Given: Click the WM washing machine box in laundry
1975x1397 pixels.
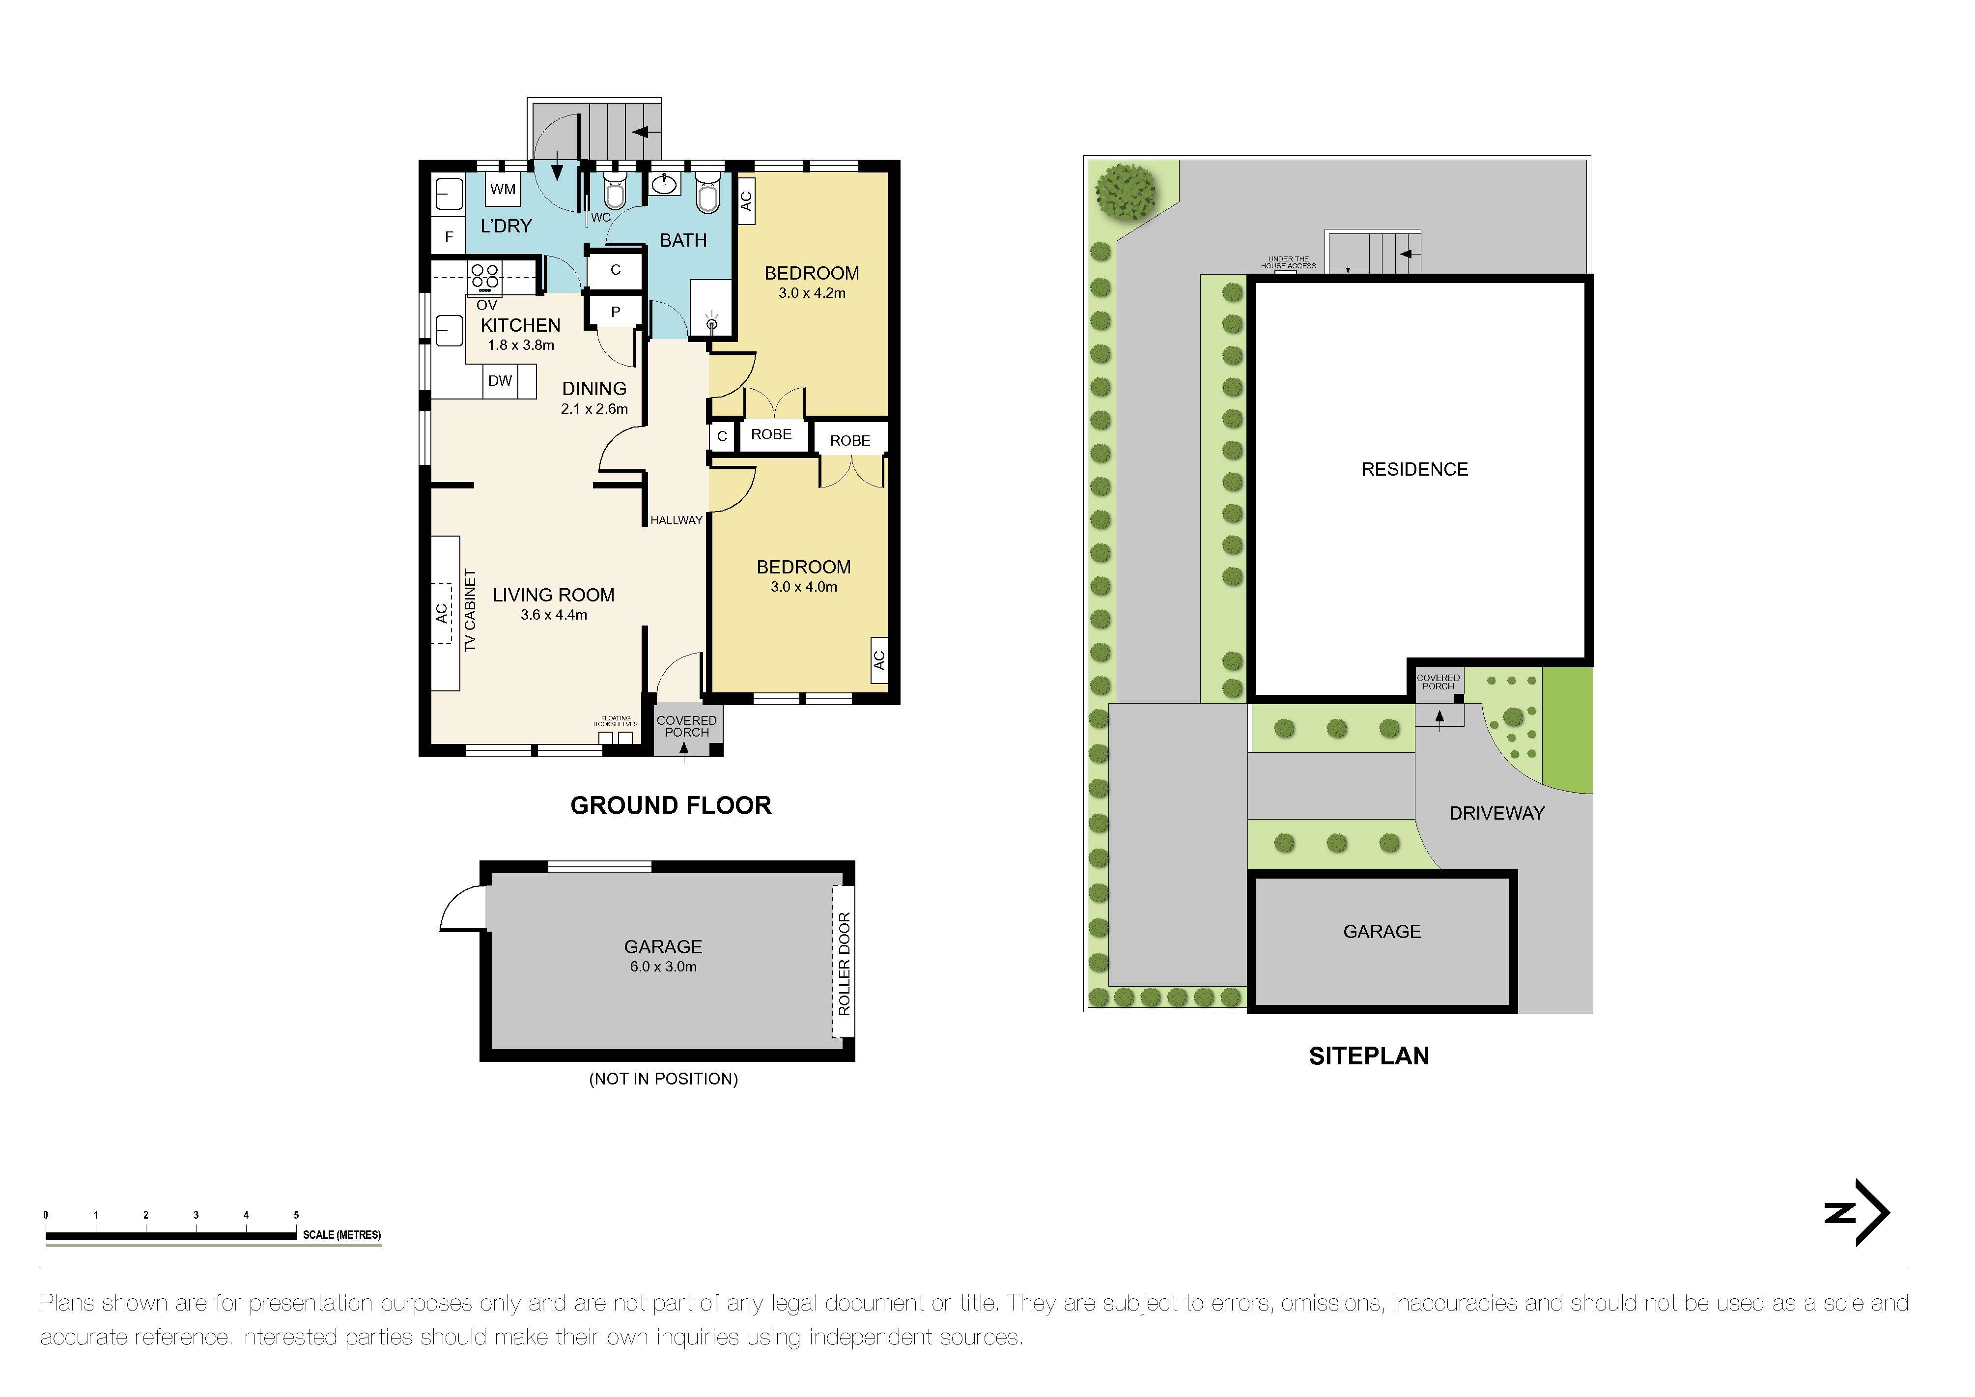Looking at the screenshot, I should (503, 189).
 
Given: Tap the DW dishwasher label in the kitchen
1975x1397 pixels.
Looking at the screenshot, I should (500, 381).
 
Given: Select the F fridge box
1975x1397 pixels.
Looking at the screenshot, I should (448, 236).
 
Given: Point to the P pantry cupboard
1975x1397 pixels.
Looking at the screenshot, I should (615, 312).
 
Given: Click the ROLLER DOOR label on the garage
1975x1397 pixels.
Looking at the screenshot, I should (844, 964).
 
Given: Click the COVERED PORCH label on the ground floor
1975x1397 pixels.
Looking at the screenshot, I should (686, 726).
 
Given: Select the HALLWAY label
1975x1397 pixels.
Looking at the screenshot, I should (676, 520).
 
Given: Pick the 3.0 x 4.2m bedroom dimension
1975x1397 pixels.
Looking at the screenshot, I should (812, 293).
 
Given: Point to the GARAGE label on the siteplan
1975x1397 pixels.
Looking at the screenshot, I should (1382, 932).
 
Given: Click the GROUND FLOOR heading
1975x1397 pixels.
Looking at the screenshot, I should (671, 806).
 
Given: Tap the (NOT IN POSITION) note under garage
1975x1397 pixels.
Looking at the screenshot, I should (663, 1079).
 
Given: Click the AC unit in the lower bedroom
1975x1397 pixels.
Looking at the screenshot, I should (878, 660).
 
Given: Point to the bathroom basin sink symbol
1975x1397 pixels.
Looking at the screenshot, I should (663, 184).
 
